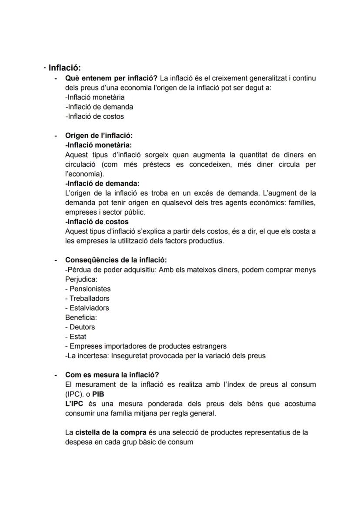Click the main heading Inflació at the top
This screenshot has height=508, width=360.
point(64,68)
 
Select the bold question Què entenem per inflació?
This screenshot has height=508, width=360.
point(111,78)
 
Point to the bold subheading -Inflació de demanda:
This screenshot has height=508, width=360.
point(102,183)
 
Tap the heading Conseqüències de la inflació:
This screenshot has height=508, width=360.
point(116,260)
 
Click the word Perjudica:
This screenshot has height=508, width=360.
point(81,279)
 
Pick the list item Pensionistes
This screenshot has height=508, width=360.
point(90,289)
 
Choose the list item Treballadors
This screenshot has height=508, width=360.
point(89,298)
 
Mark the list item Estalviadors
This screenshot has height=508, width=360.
point(89,308)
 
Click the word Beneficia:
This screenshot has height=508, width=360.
point(81,317)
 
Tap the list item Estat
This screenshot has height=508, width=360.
point(78,336)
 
